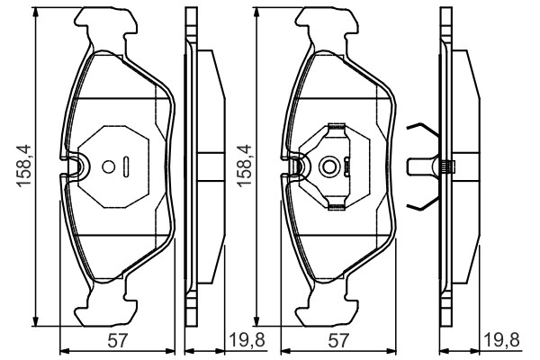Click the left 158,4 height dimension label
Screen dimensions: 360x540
[20, 166]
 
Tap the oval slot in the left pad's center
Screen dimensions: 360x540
[128, 166]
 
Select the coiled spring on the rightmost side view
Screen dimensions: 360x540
[447, 166]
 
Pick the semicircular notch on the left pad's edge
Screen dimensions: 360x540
[76, 166]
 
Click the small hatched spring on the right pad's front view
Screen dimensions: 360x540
[349, 166]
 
